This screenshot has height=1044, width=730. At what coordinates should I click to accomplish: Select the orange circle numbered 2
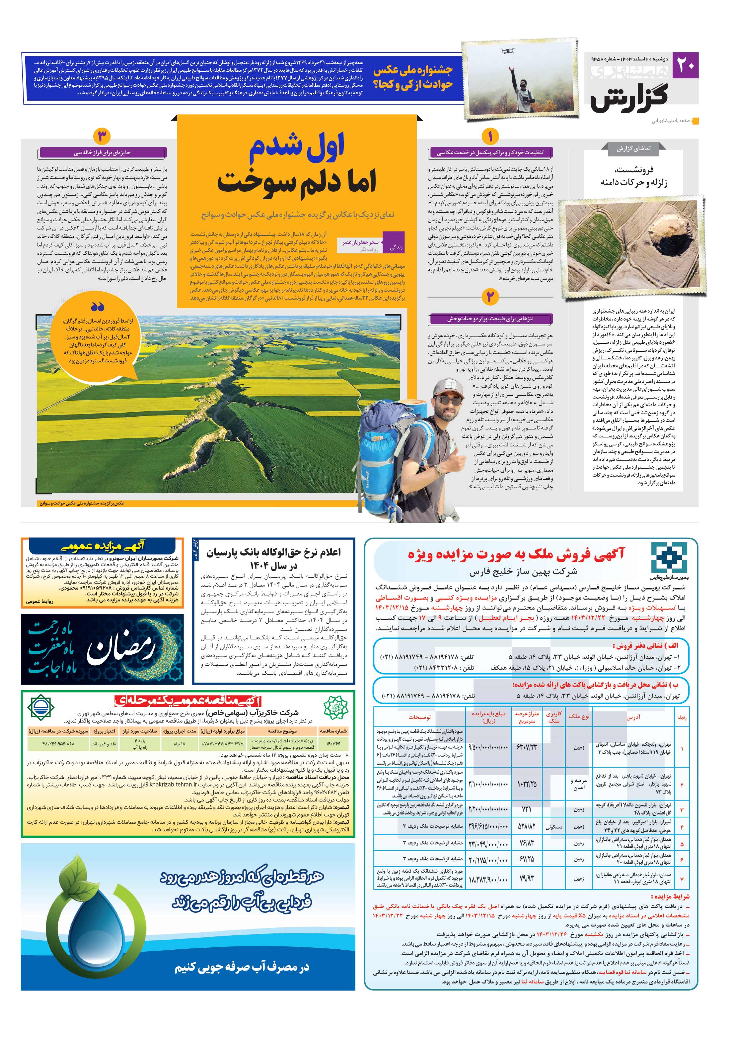(490, 297)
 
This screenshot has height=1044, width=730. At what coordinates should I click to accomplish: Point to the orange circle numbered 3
(102, 137)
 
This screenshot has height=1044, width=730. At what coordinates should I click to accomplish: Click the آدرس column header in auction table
(633, 717)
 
